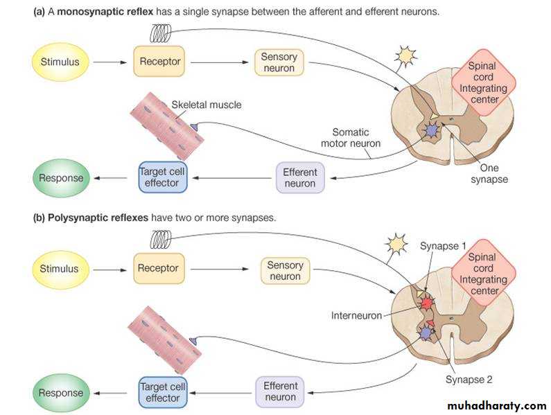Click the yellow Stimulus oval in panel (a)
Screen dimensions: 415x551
59,62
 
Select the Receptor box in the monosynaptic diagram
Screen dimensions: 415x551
160,62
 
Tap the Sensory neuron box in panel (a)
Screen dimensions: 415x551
279,62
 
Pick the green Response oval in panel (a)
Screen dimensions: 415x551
61,178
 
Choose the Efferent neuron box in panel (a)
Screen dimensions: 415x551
300,177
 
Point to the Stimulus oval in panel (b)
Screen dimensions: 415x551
59,268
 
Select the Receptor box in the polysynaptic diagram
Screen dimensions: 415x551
158,268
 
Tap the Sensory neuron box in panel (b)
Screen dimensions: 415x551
285,270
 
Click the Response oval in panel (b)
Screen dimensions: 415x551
61,393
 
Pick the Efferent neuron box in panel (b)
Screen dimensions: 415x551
281,391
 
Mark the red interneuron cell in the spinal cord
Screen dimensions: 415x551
426,303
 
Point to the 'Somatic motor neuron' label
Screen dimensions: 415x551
350,137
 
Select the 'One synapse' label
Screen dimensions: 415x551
489,173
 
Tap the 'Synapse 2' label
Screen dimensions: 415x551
469,379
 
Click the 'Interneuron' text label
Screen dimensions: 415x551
357,315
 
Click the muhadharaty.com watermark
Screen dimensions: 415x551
496,405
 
